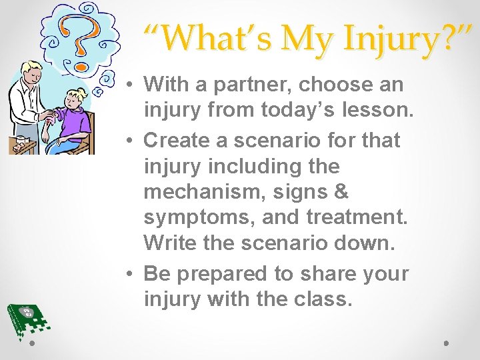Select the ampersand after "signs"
pyautogui.click(x=340, y=192)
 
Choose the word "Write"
pyautogui.click(x=171, y=243)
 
